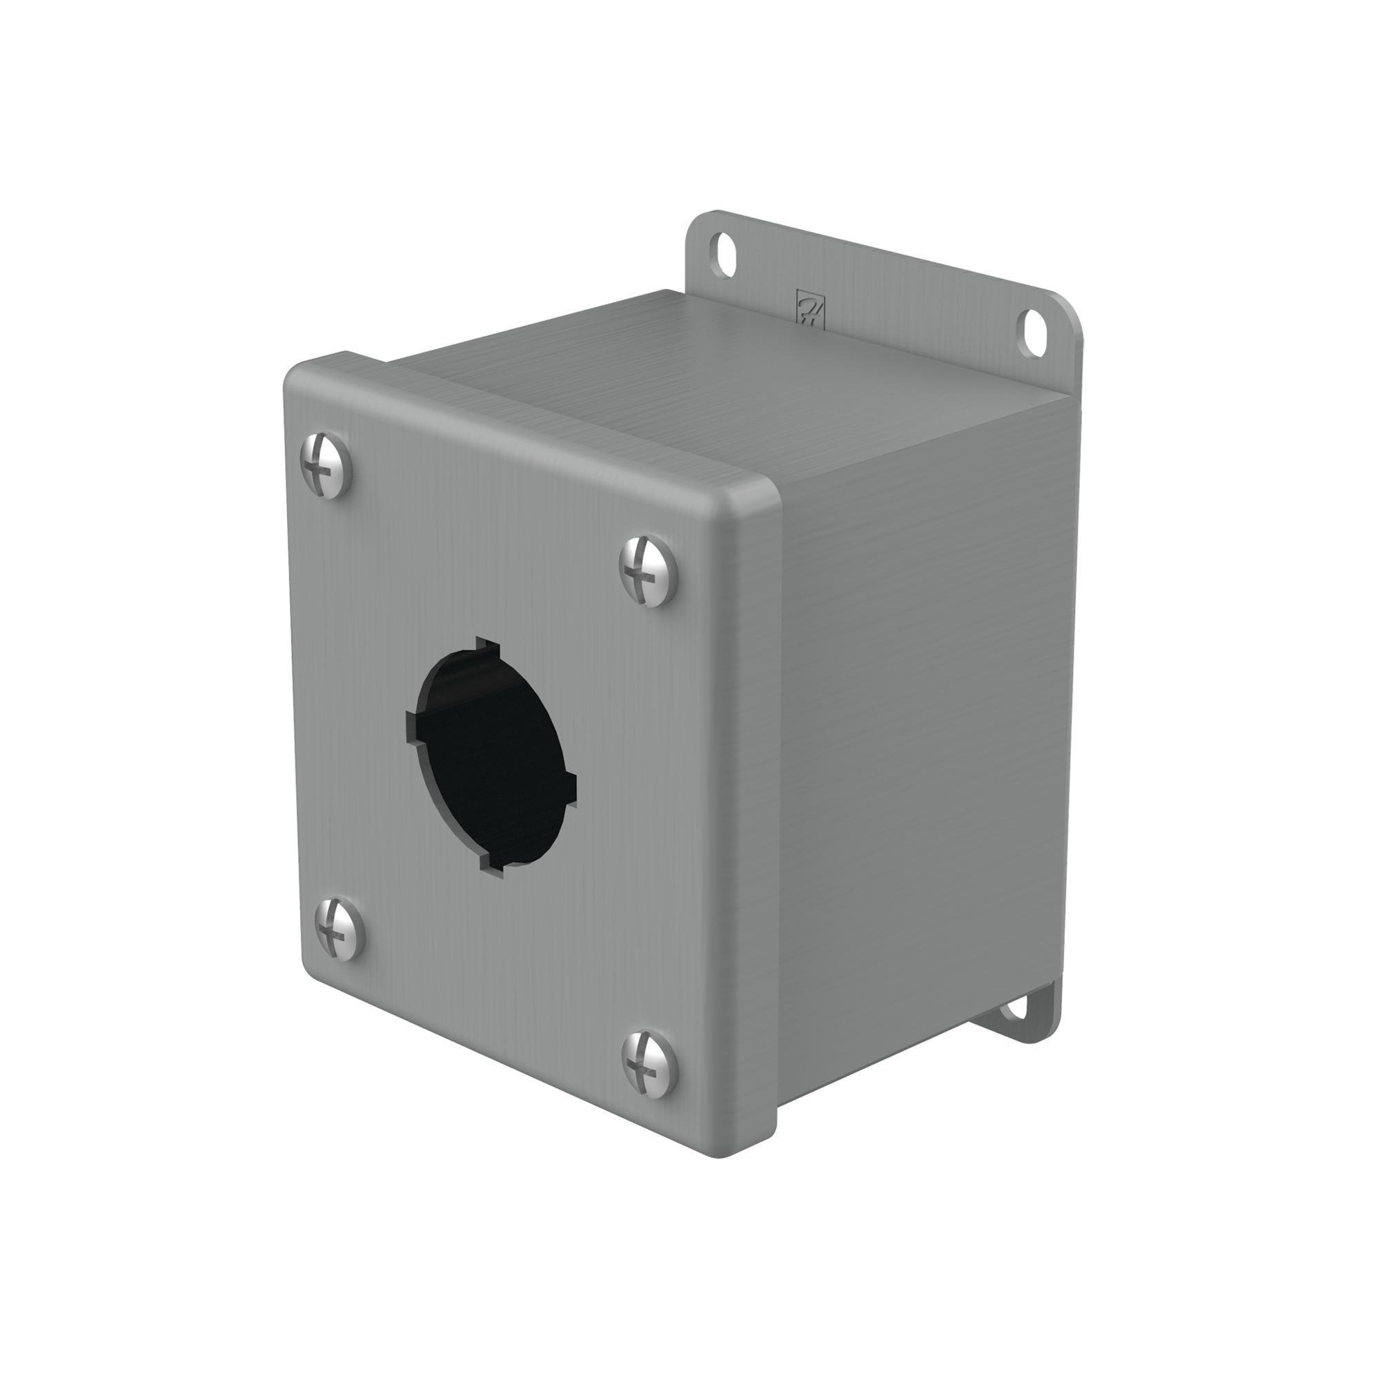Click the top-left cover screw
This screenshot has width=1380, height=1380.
(x=326, y=465)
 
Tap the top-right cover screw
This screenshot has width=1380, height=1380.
(x=647, y=571)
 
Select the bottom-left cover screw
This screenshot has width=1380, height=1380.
(x=339, y=929)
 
